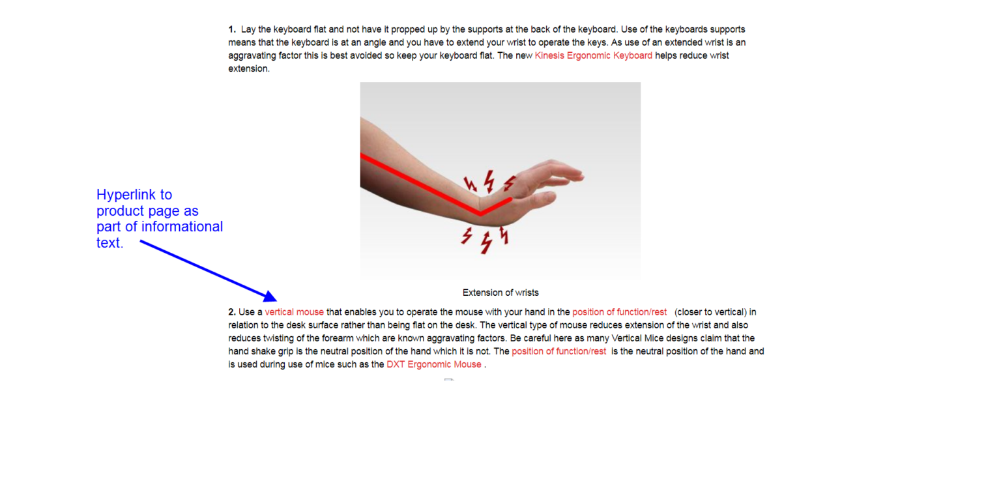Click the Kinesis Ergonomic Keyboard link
tap(593, 55)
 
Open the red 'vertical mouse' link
tap(294, 311)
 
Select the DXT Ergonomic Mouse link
tap(433, 364)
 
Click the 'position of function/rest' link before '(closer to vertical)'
tap(619, 311)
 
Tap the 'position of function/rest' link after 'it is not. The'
tap(559, 351)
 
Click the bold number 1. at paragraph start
tap(232, 29)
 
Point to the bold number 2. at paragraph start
tap(232, 311)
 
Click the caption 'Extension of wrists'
tap(500, 293)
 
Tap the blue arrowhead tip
tap(276, 300)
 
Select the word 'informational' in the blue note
tap(182, 227)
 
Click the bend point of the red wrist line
tap(480, 214)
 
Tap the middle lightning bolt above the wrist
tap(490, 180)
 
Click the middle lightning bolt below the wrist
tap(486, 242)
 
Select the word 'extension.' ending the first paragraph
tap(249, 69)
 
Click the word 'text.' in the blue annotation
tap(110, 242)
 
